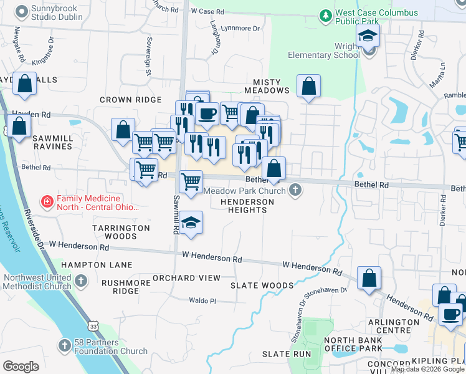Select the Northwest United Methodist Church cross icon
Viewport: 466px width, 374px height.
pyautogui.click(x=80, y=282)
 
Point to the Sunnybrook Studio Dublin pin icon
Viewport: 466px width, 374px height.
pyautogui.click(x=22, y=11)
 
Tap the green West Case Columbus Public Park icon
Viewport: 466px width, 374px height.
pyautogui.click(x=325, y=14)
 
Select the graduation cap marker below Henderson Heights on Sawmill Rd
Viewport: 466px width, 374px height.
pyautogui.click(x=191, y=223)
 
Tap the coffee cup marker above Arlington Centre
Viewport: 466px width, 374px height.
pyautogui.click(x=450, y=314)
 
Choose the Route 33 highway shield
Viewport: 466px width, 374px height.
pyautogui.click(x=93, y=325)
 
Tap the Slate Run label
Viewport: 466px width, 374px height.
pyautogui.click(x=286, y=353)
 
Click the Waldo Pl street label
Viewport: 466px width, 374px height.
pyautogui.click(x=203, y=300)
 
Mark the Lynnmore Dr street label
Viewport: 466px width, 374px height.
pyautogui.click(x=240, y=29)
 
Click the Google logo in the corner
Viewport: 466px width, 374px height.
pyautogui.click(x=21, y=366)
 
